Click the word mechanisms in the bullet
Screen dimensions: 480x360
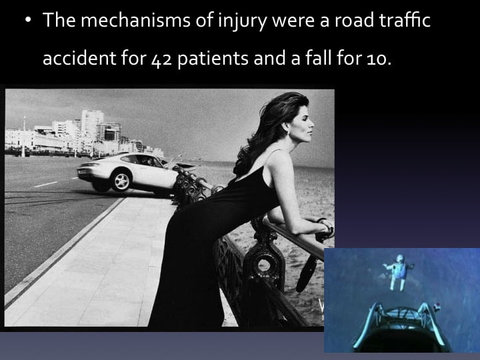[x=135, y=20]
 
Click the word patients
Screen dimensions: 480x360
[x=213, y=59]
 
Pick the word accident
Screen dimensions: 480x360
[x=79, y=57]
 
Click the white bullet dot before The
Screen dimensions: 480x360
[x=29, y=19]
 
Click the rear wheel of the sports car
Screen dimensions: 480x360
[x=121, y=180]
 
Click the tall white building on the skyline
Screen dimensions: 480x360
[x=92, y=125]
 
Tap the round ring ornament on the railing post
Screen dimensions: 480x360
[x=264, y=266]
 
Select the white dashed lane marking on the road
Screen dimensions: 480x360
[x=46, y=184]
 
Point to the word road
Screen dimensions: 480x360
[x=354, y=20]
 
